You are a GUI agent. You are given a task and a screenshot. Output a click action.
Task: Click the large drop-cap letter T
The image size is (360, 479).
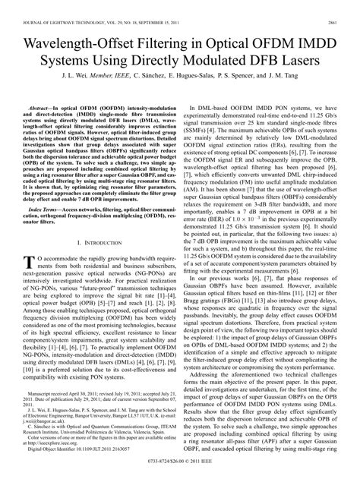[30, 262]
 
